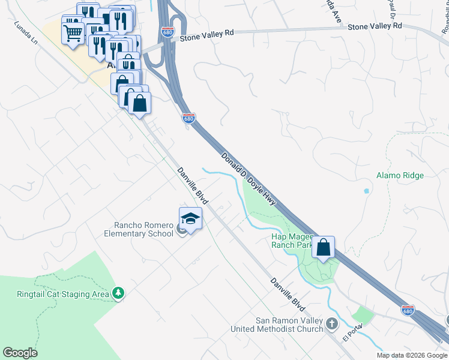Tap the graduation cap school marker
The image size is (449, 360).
tap(190, 219)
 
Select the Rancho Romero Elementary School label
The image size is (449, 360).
tap(139, 229)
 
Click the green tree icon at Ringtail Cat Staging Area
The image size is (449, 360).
tap(119, 293)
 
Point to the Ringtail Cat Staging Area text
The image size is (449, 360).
tap(63, 294)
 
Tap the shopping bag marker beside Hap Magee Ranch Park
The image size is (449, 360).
tap(323, 247)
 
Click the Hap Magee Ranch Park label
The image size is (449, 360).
tap(293, 241)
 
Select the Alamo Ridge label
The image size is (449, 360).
tap(400, 175)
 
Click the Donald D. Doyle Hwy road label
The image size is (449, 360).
tap(248, 178)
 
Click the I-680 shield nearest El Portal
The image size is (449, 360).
tap(408, 310)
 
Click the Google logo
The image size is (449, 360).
tap(20, 353)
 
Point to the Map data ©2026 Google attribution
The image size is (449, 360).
tap(412, 355)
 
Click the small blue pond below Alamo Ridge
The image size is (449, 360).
tap(366, 192)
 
